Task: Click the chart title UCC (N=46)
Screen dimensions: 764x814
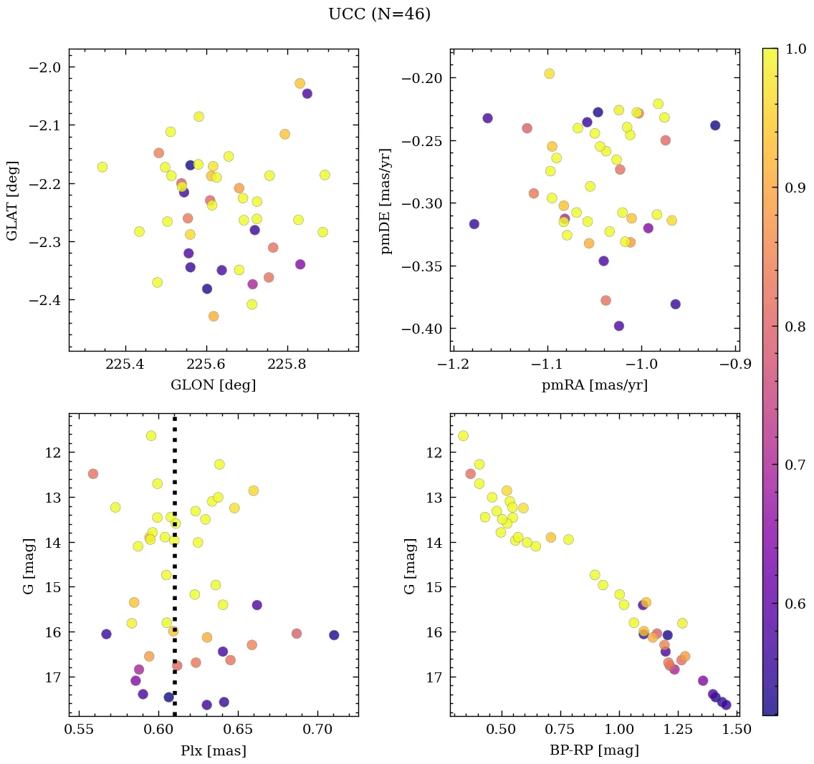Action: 379,14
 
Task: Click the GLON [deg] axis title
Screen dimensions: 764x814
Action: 213,385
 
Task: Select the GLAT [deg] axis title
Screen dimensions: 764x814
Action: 12,200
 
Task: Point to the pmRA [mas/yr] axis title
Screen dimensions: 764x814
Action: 594,385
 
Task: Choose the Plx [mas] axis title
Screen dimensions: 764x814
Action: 213,750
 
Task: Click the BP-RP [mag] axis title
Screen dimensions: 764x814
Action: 594,750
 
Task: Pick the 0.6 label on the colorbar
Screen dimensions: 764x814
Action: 795,604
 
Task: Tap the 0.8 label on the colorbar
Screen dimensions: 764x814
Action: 795,326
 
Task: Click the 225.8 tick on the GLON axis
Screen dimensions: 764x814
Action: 288,364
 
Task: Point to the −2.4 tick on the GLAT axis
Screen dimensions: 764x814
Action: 44,300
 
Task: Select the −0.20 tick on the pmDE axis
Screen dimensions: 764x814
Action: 421,78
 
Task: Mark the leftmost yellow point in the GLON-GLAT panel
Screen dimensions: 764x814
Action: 102,167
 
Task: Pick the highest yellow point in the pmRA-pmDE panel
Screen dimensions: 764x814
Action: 550,74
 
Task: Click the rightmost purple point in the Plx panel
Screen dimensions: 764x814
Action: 334,635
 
